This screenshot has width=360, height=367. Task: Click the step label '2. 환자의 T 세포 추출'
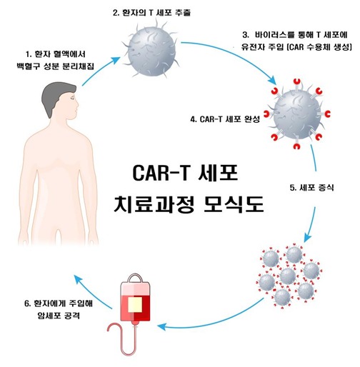coord(151,13)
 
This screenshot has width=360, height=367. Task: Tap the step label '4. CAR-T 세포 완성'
coord(225,119)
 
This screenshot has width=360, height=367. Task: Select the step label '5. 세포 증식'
coord(311,188)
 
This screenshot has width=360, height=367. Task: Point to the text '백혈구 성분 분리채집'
coord(55,66)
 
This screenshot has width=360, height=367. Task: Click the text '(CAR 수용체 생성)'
coord(320,47)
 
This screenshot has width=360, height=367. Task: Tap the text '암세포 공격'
coord(59,316)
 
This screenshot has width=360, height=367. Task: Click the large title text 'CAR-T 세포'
coord(185,173)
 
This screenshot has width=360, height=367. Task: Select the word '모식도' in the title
coord(234,204)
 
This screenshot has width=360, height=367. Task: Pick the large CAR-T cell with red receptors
coord(296,114)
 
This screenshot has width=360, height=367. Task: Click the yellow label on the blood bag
coord(135,305)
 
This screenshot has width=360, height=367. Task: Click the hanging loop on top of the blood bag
coord(135,276)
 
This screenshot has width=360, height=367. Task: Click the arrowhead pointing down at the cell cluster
coord(307,238)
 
